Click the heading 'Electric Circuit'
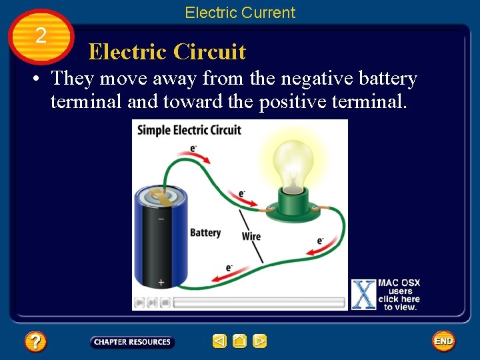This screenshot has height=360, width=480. pos(167,52)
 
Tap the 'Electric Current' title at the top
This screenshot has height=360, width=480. pos(240,13)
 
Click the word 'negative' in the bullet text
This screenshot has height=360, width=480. pos(318,79)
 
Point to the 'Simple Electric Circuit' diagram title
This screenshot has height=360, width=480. pos(189,129)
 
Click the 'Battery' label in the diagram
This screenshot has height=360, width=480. pos(205,233)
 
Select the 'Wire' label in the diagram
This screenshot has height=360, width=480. pos(251,236)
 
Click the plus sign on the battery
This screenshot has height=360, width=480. pos(161,283)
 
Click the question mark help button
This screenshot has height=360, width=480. pos(35,342)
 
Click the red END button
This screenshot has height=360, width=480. pos(443,341)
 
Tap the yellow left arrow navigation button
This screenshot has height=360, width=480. pos(220,341)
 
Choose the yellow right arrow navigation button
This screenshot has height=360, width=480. pos(260,341)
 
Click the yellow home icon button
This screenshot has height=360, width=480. pos(240,341)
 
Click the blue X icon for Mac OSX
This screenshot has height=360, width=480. pos(363,294)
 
